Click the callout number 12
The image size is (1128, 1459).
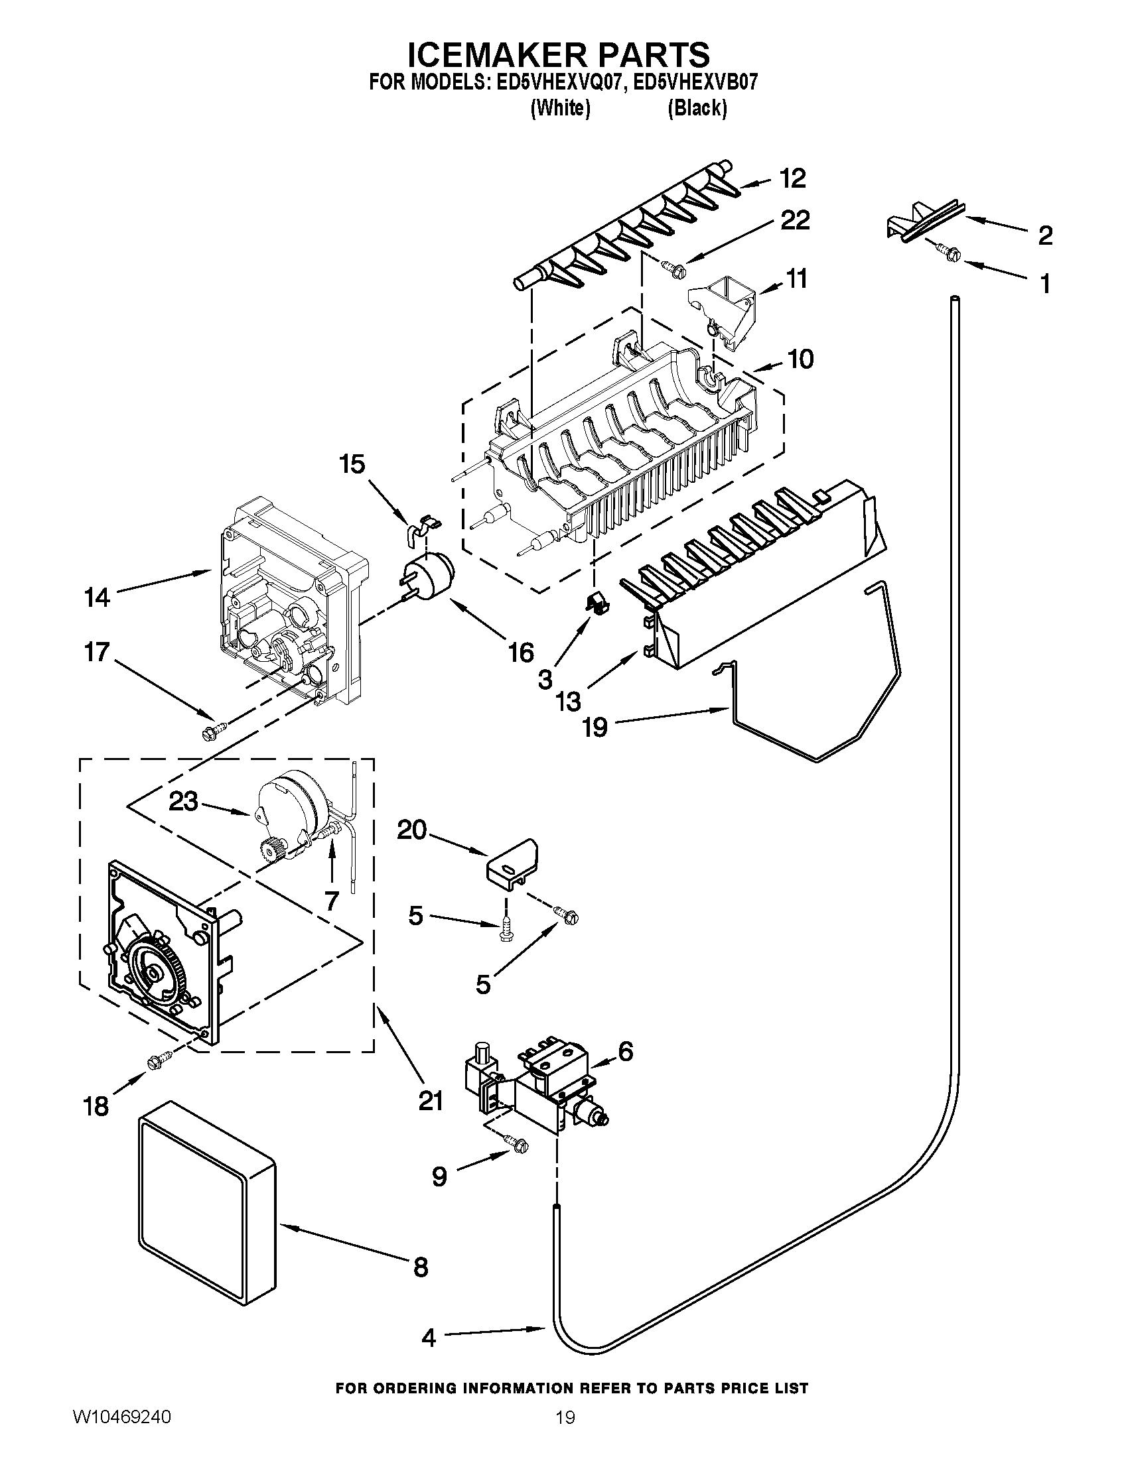coord(792,178)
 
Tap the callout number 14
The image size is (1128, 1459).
coord(97,597)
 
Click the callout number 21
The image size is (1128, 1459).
coord(431,1100)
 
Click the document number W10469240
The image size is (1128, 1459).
coord(121,1431)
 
